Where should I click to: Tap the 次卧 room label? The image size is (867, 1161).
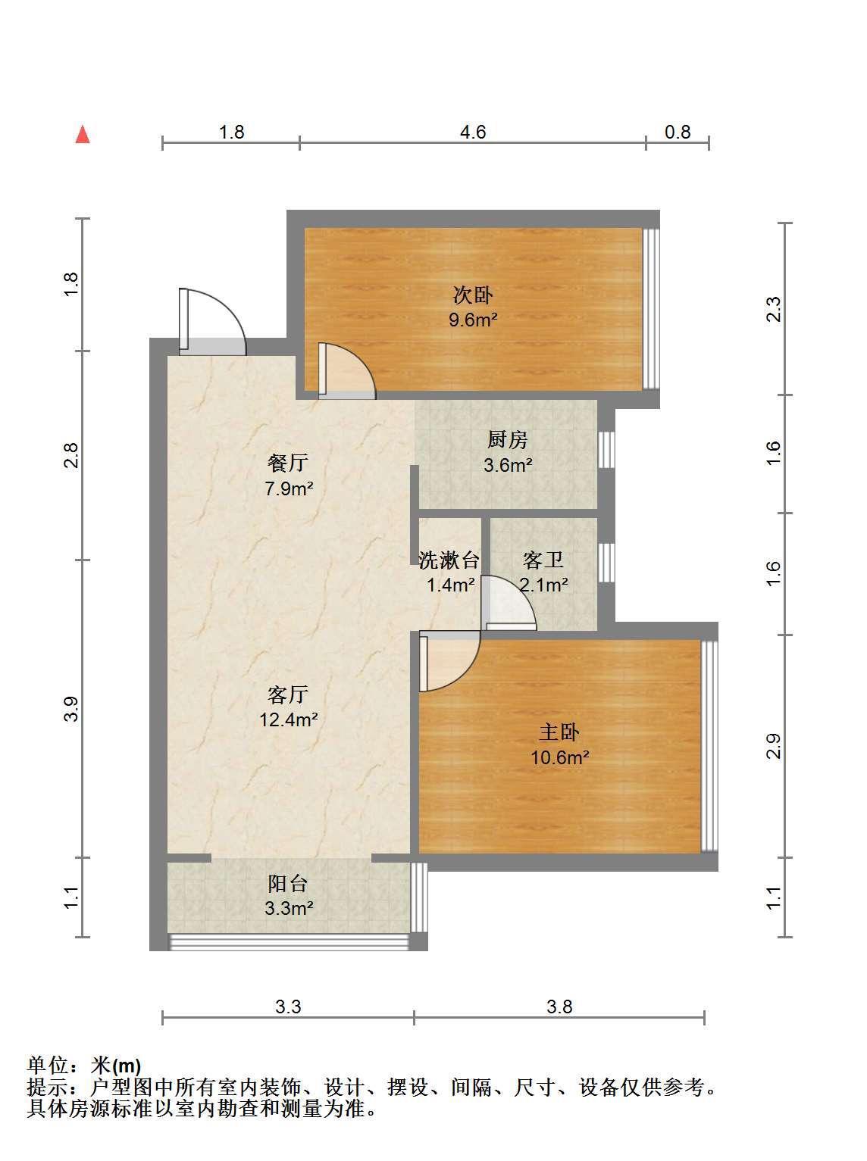(473, 295)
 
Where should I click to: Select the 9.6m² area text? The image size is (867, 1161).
(473, 320)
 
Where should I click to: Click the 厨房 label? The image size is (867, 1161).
(508, 439)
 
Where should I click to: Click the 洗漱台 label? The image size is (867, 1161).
(449, 560)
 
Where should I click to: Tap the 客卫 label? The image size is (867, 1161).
(543, 560)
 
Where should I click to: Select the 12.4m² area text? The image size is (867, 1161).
(289, 719)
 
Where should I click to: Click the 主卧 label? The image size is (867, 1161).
(559, 732)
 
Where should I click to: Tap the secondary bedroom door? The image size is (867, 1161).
(346, 370)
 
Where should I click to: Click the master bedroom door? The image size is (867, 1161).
(450, 660)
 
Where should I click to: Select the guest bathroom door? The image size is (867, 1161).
(509, 602)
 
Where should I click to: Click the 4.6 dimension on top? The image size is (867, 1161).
(473, 132)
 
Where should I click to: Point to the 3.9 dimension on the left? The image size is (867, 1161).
(71, 709)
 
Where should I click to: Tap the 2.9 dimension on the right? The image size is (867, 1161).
(773, 746)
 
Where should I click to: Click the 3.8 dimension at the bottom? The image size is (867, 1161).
(559, 1006)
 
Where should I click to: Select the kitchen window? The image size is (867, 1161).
(606, 450)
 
